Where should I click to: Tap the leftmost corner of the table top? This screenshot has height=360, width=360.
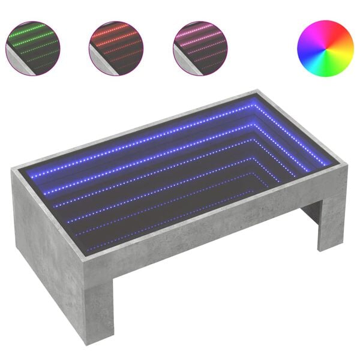(x=12, y=171)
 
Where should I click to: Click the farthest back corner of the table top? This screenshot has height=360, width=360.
(x=257, y=91)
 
